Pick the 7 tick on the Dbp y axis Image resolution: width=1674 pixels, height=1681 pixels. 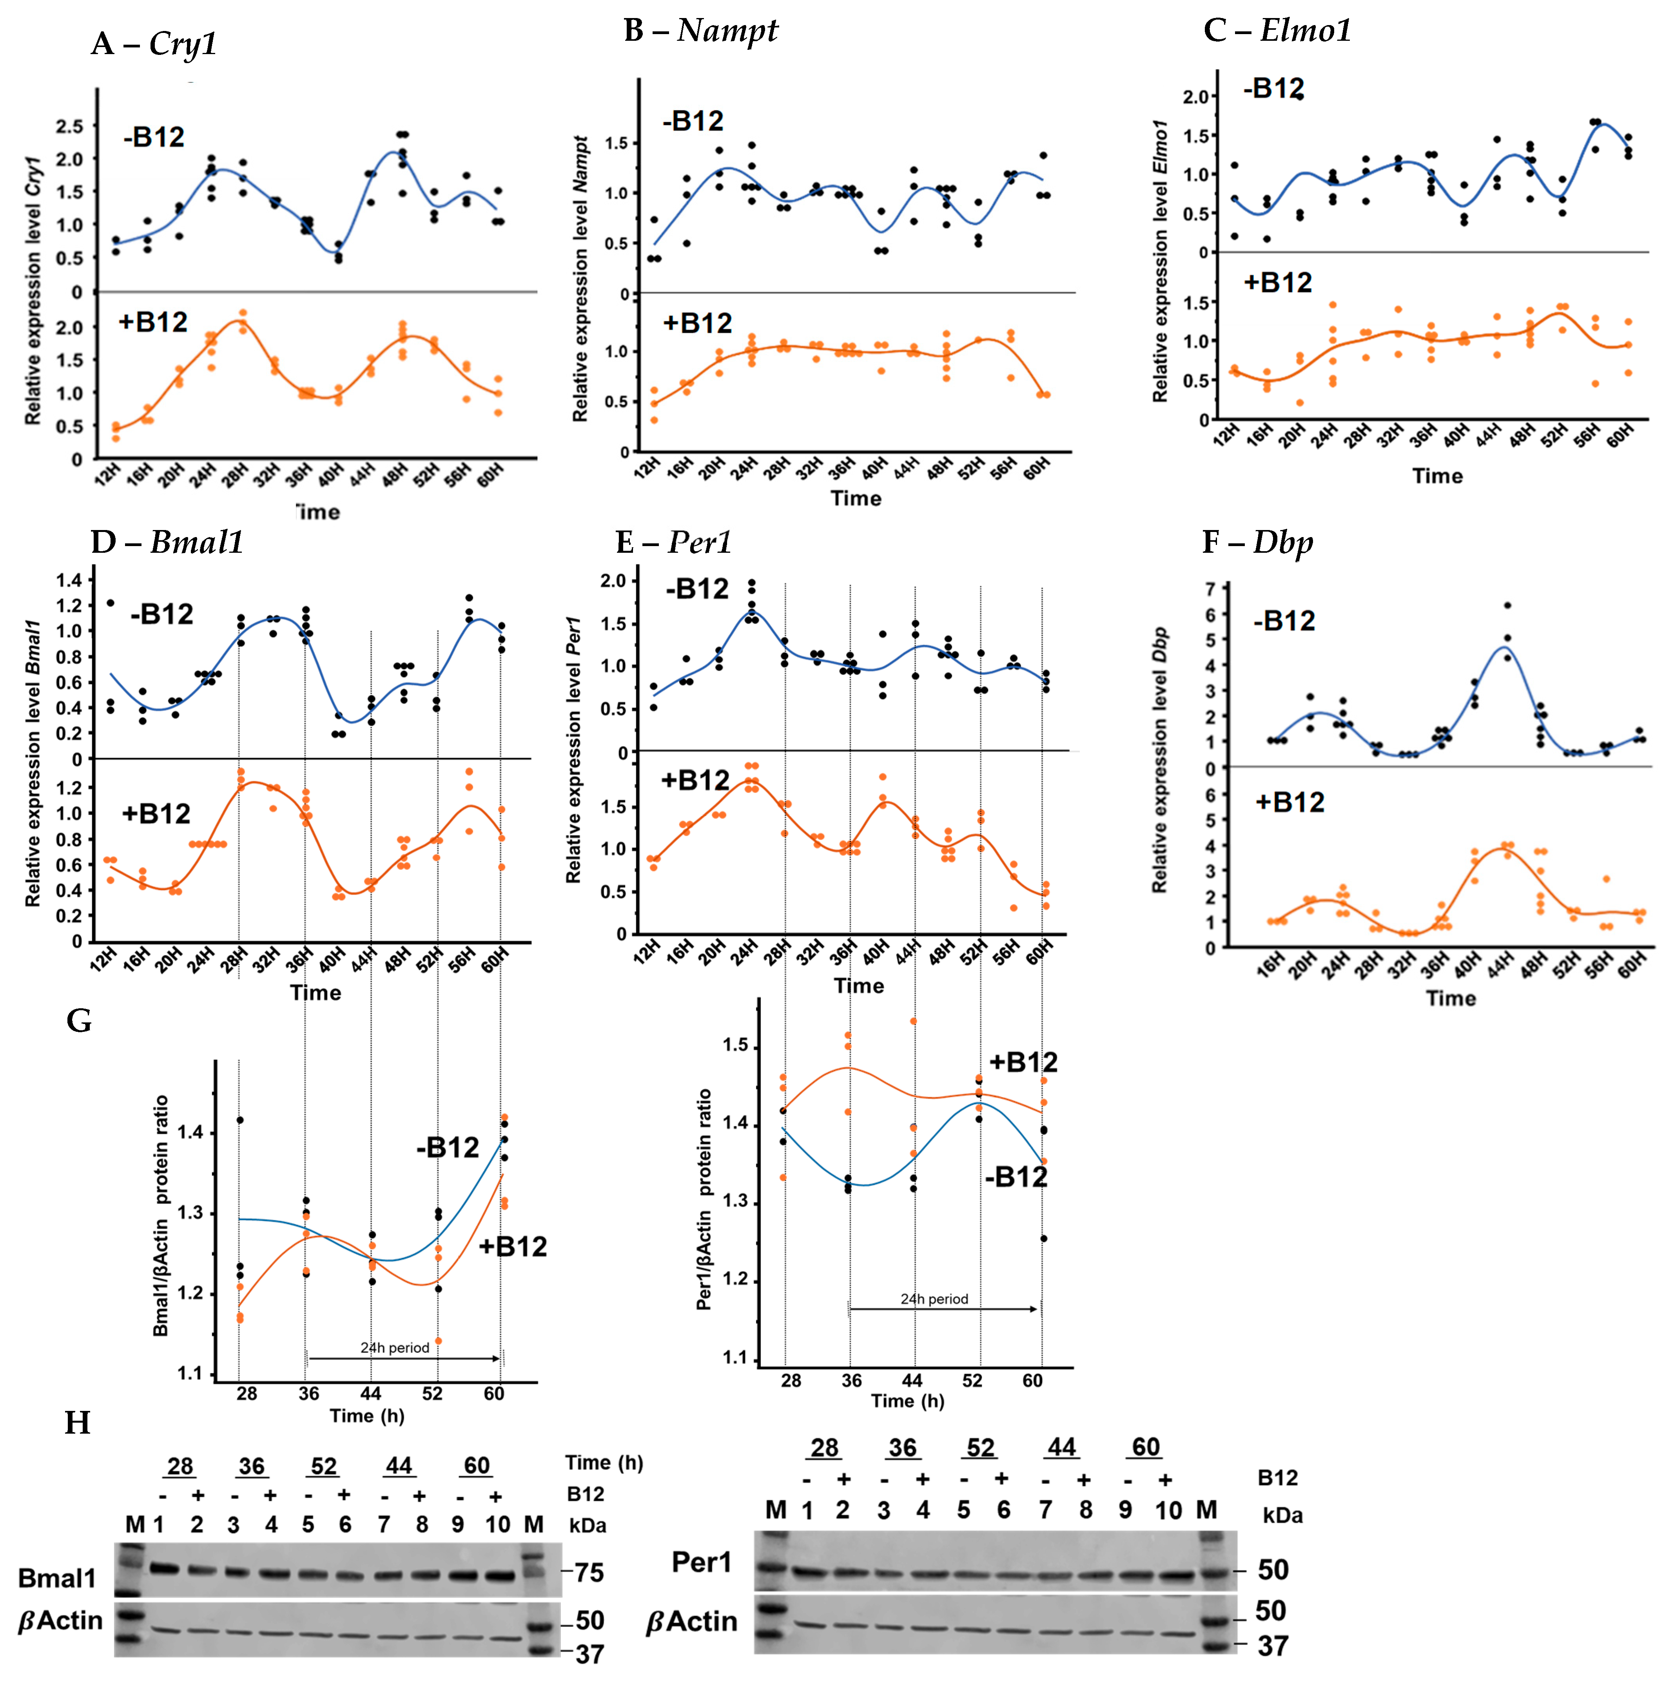[1210, 589]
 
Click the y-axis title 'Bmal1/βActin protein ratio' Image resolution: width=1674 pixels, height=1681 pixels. [161, 1216]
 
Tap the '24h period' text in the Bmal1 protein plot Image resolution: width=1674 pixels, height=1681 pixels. [395, 1348]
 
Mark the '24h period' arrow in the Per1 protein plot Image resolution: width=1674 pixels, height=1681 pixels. [944, 1309]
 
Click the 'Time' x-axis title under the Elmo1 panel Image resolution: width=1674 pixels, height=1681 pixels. [1437, 476]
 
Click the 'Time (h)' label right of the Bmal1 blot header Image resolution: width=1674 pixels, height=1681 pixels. [604, 1463]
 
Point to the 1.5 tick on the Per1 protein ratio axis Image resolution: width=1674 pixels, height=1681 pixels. [735, 1045]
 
